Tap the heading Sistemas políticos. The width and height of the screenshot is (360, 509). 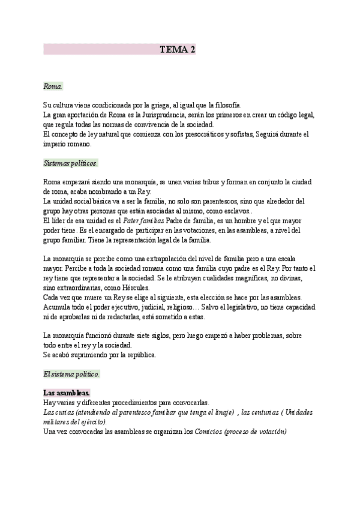pyautogui.click(x=71, y=163)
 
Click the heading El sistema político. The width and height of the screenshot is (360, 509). pyautogui.click(x=71, y=375)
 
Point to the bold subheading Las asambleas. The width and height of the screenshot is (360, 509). pyautogui.click(x=67, y=393)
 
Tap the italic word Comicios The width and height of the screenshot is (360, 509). pyautogui.click(x=207, y=432)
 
